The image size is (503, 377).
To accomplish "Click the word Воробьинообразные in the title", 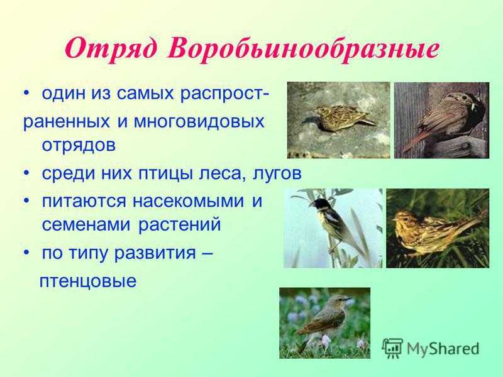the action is coord(302,48).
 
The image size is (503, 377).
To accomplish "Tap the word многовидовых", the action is coord(199,121).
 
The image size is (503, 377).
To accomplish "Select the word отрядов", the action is coord(79,146).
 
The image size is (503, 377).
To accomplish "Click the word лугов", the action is coord(277,174).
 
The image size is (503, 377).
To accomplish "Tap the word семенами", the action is coord(86,225).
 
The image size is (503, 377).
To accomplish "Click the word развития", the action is coord(155,253).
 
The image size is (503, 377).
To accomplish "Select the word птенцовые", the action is coord(88,281).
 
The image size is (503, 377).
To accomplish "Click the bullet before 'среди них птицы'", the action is coord(26,175).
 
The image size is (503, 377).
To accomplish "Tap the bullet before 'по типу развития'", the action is coord(26,253).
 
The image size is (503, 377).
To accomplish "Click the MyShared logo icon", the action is coord(392,348).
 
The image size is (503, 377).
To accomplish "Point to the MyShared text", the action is coord(443,349).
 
